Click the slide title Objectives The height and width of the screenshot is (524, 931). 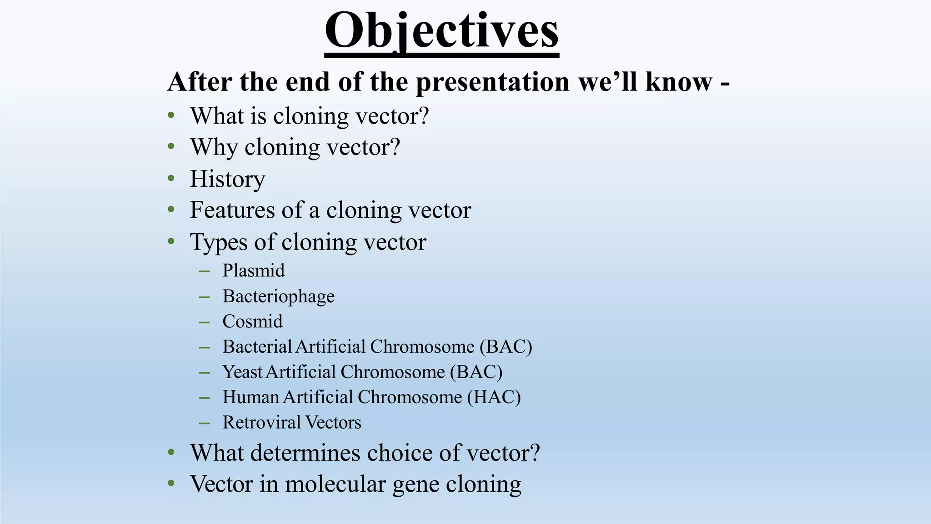[441, 31]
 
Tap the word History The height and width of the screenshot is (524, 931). [227, 179]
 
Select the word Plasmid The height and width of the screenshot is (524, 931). [253, 271]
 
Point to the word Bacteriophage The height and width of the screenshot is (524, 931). [278, 297]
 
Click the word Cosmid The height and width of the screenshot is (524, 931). [252, 322]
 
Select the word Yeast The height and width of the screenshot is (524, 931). [242, 372]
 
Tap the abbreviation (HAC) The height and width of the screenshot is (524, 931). [494, 398]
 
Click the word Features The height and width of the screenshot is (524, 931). [232, 210]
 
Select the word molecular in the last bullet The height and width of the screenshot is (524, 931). [335, 484]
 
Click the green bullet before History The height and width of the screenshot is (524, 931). [171, 179]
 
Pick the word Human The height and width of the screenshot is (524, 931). [250, 398]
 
